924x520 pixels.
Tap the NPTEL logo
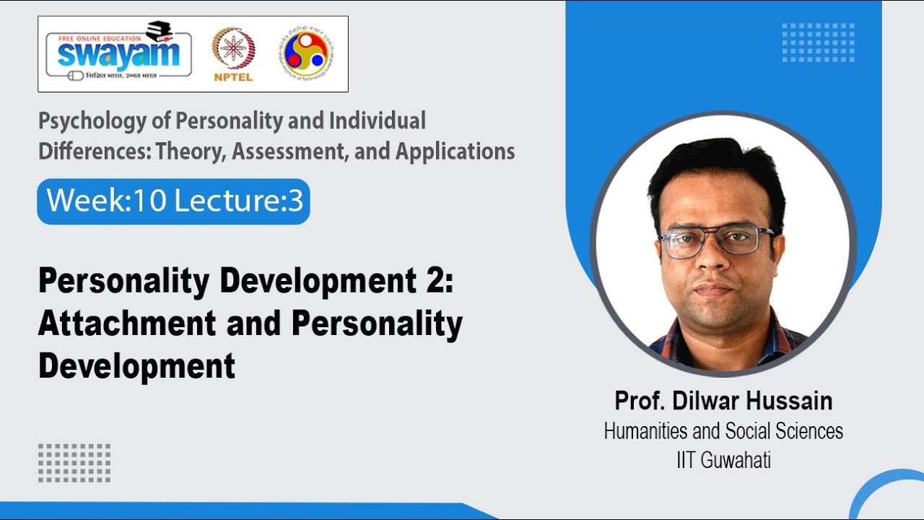tap(232, 54)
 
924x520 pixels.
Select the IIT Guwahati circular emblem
tap(308, 54)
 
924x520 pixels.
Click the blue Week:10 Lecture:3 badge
tap(174, 201)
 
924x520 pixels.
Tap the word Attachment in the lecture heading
tap(127, 324)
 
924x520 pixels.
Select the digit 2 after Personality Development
tap(435, 282)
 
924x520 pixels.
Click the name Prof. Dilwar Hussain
tap(723, 400)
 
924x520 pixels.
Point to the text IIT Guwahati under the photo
tap(723, 460)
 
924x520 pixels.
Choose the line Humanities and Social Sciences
tap(723, 431)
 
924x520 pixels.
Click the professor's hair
tap(715, 166)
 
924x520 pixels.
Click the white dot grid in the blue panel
tap(818, 43)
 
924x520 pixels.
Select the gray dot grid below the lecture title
tap(74, 463)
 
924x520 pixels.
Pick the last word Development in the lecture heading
tap(137, 366)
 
